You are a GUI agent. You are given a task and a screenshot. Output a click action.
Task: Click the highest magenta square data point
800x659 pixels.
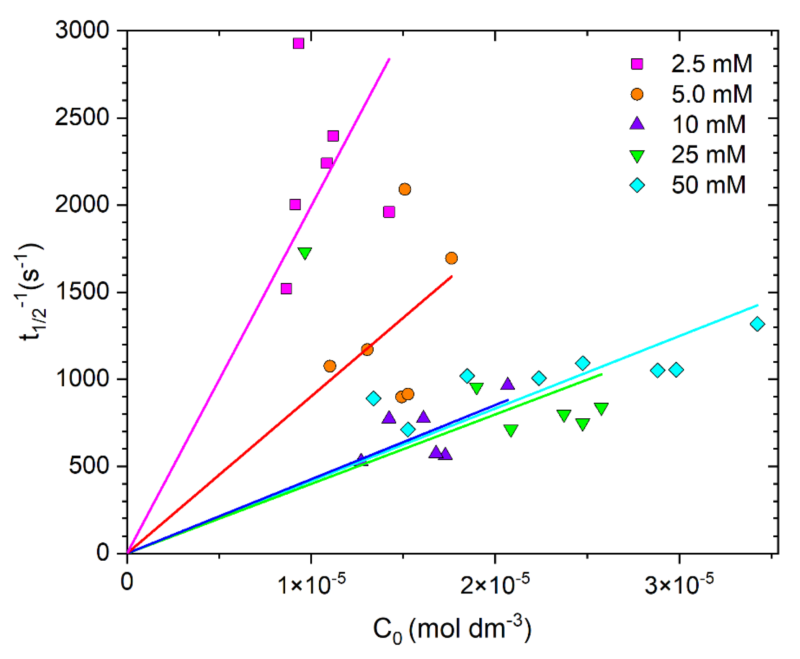tap(298, 43)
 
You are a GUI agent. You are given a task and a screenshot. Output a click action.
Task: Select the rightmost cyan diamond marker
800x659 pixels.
tap(757, 324)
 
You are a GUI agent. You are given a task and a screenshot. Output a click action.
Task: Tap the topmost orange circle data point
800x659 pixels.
tap(405, 189)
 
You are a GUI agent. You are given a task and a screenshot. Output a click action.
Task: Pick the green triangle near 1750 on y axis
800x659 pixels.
tap(305, 253)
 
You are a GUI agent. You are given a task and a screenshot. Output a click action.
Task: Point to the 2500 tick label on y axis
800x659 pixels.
tap(82, 117)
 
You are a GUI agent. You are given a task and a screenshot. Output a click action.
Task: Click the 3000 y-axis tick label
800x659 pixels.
tap(82, 30)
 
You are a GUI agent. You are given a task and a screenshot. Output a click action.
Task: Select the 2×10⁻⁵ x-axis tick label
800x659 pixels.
tap(495, 584)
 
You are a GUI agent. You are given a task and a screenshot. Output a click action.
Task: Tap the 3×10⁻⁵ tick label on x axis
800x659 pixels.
tap(679, 584)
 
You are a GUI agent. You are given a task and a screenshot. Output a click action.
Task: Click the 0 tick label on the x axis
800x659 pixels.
tap(127, 581)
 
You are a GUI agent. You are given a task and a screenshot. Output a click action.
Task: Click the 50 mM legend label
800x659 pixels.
tap(708, 185)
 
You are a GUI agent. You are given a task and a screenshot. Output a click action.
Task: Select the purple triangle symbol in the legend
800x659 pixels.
tap(637, 124)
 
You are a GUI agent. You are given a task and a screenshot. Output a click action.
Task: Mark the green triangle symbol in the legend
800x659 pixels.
tap(637, 156)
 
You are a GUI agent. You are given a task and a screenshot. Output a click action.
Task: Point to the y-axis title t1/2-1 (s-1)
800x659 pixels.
tap(32, 292)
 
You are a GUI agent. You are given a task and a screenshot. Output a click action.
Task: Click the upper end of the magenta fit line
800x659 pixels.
tap(390, 59)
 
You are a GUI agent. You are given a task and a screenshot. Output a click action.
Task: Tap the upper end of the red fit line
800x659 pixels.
tap(452, 276)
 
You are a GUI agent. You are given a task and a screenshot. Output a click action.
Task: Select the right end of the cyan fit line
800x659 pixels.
tap(758, 305)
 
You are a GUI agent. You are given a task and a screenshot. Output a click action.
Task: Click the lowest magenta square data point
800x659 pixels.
tap(286, 289)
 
